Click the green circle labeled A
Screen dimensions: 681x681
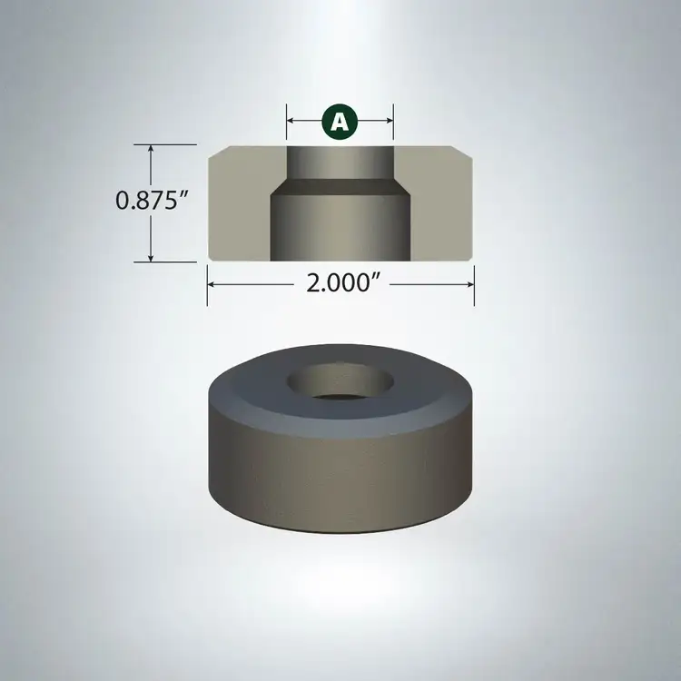pos(340,121)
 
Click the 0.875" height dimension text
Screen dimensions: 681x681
pos(151,201)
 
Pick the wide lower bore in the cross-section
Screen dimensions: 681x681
pos(340,227)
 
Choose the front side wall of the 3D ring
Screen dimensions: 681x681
pos(340,472)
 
